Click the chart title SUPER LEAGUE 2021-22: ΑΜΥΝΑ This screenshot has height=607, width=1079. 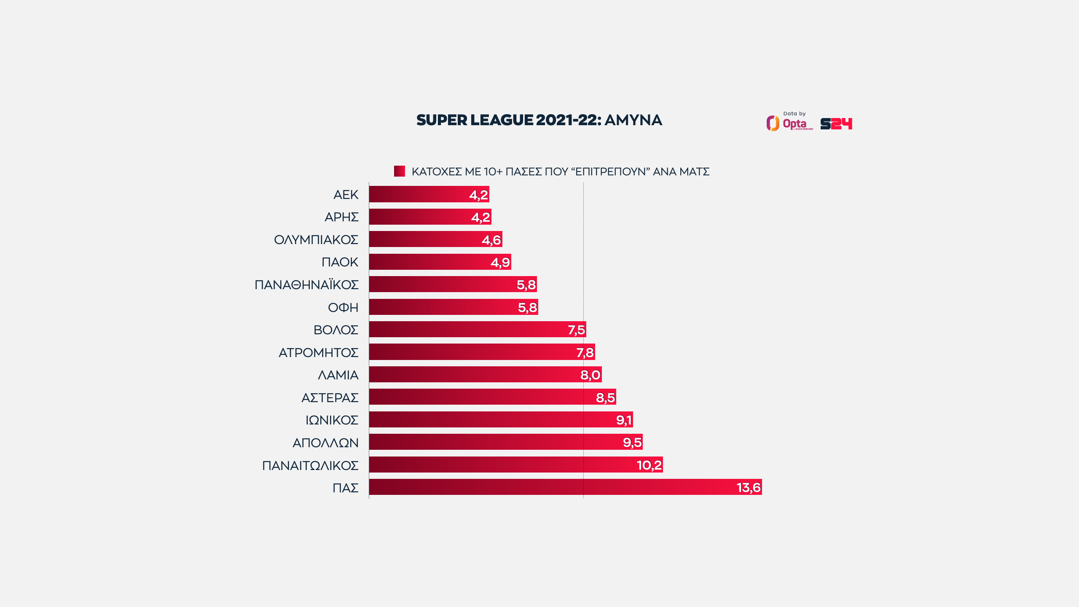tap(539, 120)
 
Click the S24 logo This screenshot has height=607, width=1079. tap(836, 124)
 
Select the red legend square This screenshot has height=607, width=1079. tap(399, 171)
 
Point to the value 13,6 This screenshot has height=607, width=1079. tap(748, 488)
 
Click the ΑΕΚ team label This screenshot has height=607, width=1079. tap(346, 195)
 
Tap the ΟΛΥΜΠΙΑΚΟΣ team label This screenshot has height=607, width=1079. tap(316, 240)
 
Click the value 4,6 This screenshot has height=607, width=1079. tap(491, 240)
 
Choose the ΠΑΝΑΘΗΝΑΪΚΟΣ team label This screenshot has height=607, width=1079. tap(306, 285)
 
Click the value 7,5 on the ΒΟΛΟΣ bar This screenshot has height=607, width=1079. tap(576, 330)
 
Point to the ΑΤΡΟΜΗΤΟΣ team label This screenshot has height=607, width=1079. tap(318, 352)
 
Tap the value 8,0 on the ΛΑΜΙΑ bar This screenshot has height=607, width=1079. tap(590, 375)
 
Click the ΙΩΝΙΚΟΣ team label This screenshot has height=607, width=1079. tap(332, 420)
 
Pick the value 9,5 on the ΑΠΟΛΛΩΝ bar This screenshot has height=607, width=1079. tap(632, 443)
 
